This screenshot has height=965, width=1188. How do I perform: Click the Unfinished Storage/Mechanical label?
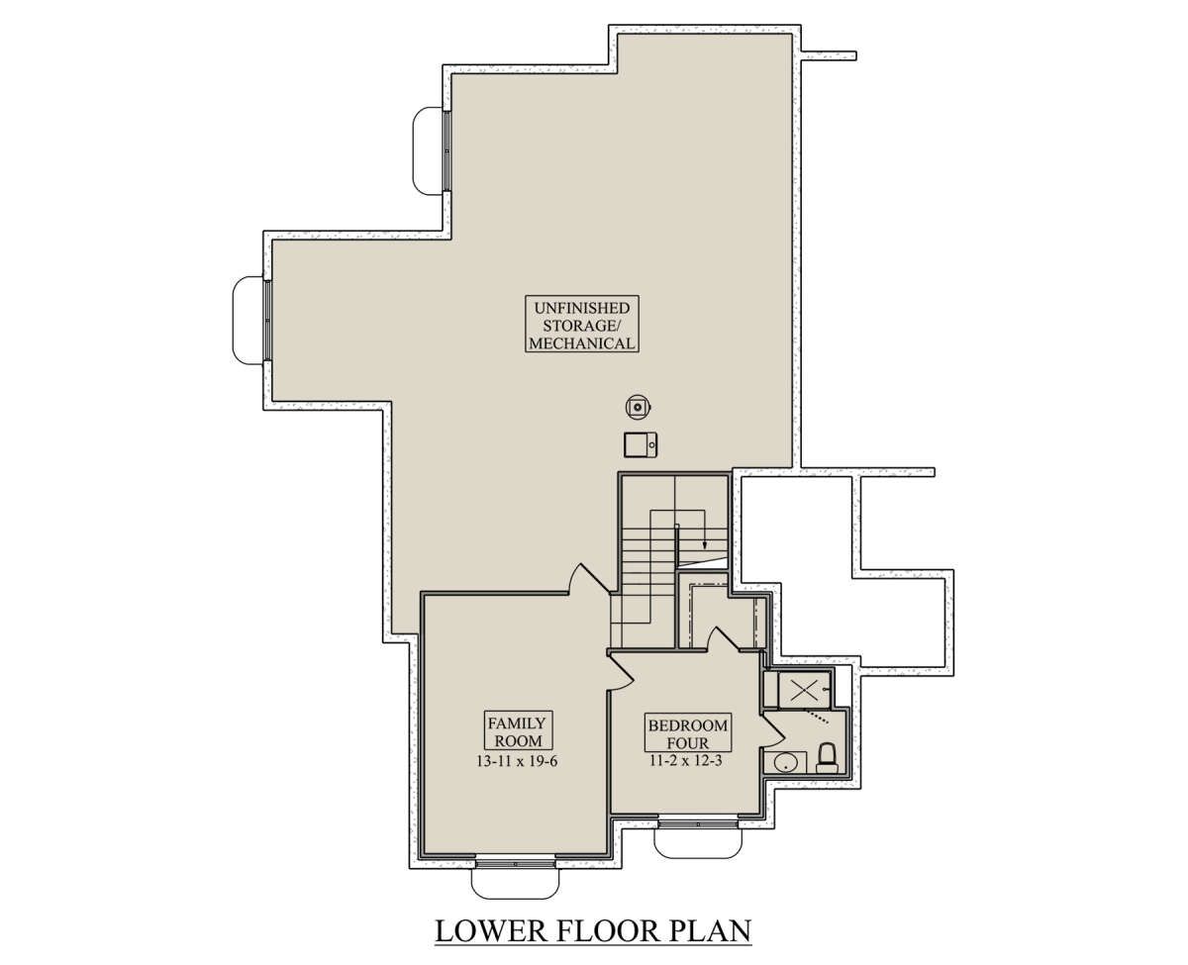(581, 324)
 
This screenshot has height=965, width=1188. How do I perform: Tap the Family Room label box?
(518, 729)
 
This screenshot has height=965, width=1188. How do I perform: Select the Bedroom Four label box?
(688, 732)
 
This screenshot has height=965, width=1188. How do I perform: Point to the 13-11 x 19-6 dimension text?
(517, 761)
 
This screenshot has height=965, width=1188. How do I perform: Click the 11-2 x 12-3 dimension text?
(685, 760)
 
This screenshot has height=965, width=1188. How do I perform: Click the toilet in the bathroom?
(827, 760)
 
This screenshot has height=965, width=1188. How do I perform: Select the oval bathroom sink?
(785, 763)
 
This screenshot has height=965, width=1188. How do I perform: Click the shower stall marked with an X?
(804, 690)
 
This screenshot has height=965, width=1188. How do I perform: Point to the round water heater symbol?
(639, 407)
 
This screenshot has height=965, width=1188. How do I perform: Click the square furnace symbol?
(641, 444)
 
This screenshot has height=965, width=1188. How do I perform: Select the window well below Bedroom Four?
(698, 844)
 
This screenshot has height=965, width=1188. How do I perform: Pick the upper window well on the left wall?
(428, 150)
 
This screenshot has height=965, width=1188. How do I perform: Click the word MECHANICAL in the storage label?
(582, 342)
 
